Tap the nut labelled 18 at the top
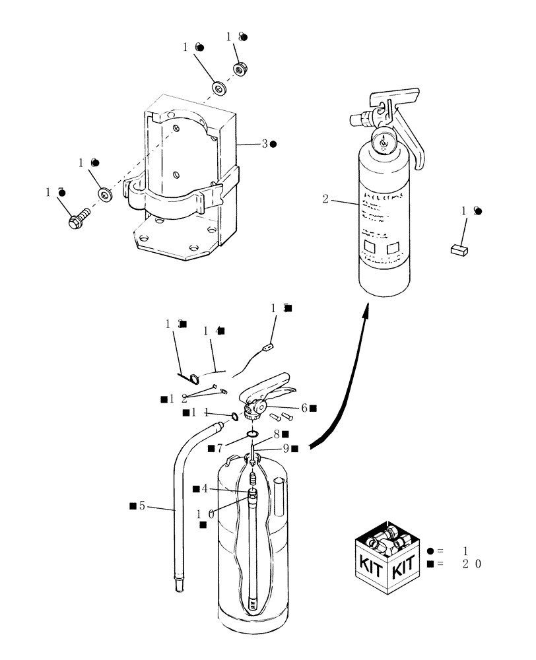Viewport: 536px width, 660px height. click(239, 69)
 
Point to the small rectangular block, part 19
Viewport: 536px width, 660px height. click(459, 249)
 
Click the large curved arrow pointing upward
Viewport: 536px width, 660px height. click(343, 383)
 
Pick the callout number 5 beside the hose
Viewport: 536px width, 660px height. click(142, 506)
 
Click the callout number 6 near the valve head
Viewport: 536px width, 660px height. click(304, 409)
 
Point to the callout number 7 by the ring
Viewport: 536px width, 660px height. click(220, 449)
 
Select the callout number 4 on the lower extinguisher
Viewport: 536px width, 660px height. click(205, 488)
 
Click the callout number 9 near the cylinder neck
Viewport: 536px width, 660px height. click(286, 448)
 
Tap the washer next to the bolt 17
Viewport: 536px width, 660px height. click(104, 194)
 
